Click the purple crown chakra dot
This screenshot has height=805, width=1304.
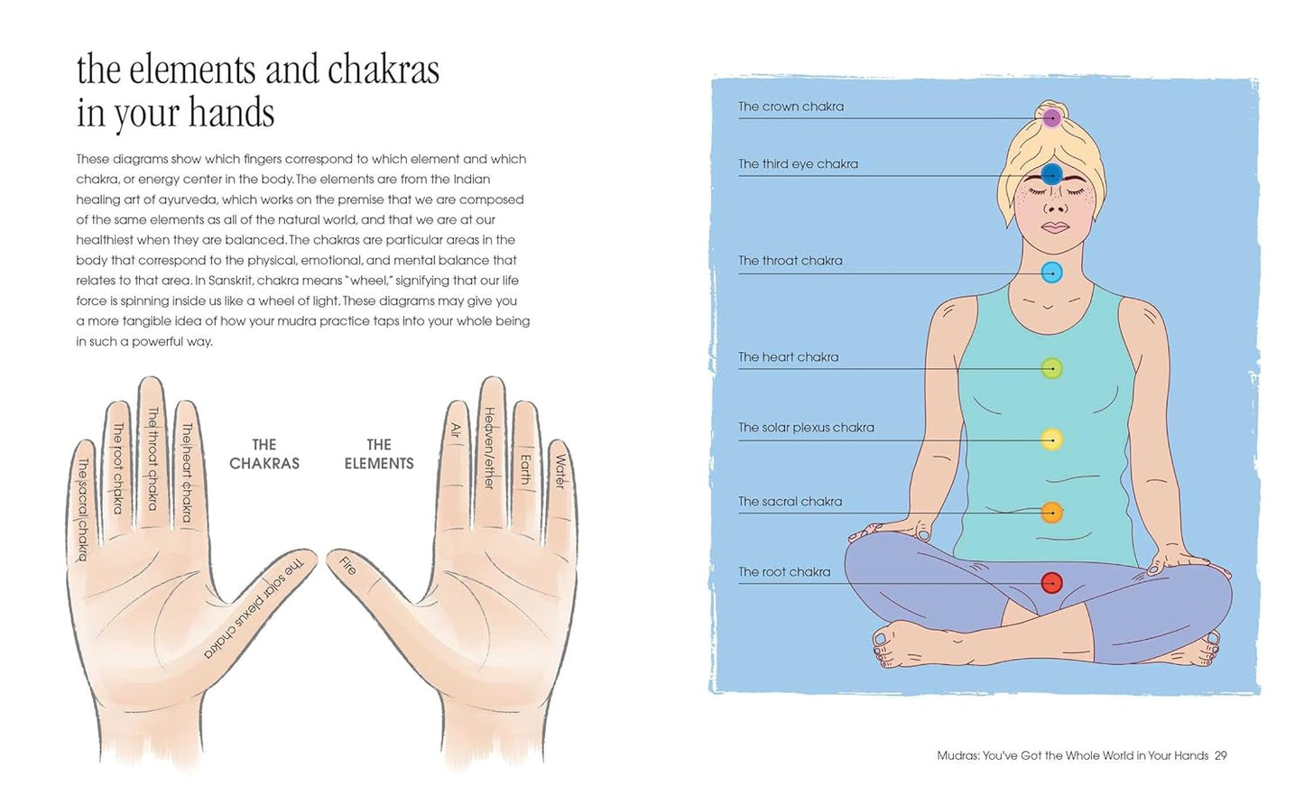pos(1051,117)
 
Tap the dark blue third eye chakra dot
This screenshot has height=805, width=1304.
pos(1051,174)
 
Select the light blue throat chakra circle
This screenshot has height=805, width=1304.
pos(1051,272)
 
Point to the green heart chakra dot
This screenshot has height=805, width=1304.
pos(1051,368)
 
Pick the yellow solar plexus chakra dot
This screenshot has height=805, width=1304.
pos(1051,440)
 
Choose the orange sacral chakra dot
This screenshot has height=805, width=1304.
pos(1051,513)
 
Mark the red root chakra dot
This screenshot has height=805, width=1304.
pos(1051,583)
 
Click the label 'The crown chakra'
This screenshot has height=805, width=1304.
pos(791,106)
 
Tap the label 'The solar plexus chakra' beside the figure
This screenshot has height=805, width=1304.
pos(806,428)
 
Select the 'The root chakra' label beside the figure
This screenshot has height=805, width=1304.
pos(784,572)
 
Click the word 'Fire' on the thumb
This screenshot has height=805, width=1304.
pos(347,566)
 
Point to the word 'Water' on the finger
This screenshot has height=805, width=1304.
pos(560,471)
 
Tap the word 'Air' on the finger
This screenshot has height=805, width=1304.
pos(456,430)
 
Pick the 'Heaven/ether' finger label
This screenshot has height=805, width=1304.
pos(490,448)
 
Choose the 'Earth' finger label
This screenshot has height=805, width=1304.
pos(525,468)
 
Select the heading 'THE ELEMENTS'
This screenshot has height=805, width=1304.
pos(379,454)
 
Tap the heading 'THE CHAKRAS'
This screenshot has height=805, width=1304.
pos(264,454)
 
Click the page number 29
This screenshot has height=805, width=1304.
pos(1220,755)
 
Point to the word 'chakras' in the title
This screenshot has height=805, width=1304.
pos(383,70)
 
